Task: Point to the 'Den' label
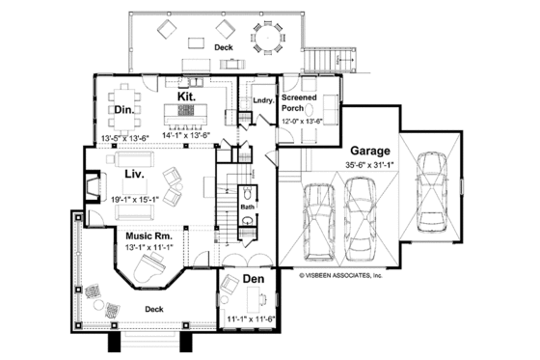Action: coord(253,279)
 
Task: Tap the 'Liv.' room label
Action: coord(134,175)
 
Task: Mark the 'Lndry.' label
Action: coord(262,98)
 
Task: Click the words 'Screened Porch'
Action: coord(299,103)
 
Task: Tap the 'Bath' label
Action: coord(247,206)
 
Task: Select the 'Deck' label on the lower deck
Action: coord(153,309)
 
